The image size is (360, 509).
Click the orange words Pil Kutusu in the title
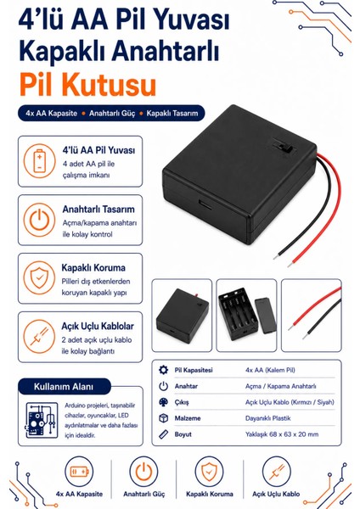(88, 84)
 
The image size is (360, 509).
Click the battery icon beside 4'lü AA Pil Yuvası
(40, 161)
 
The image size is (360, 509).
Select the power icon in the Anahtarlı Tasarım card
(40, 220)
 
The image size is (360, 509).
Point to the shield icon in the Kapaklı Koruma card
(39, 278)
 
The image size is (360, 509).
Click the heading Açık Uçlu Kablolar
(98, 326)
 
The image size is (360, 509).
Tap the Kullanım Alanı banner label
(64, 387)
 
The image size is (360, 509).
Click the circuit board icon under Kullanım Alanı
(42, 421)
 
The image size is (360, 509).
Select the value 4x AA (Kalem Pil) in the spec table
(270, 370)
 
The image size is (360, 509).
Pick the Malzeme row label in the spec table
(188, 418)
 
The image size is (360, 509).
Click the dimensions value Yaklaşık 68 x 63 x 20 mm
(282, 434)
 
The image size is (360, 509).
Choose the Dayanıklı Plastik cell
(267, 418)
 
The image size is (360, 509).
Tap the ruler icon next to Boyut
(163, 434)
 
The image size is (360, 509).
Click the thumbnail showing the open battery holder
(246, 316)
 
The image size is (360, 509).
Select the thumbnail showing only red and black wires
(312, 316)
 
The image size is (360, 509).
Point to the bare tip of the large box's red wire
(290, 263)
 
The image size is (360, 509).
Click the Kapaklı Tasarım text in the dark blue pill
(172, 114)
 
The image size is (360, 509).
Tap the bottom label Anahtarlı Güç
(144, 494)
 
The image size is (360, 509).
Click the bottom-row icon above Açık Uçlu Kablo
(276, 472)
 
